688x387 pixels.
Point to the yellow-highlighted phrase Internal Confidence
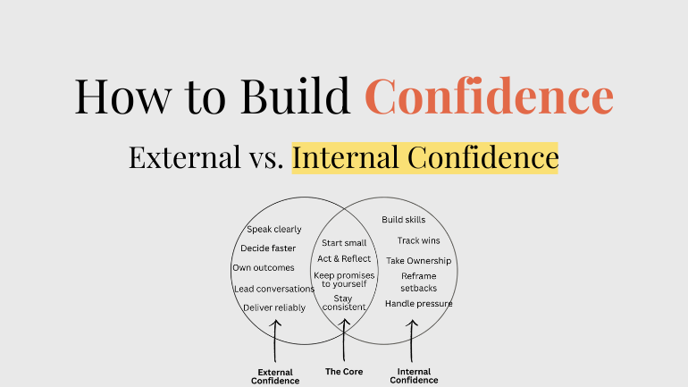(424, 158)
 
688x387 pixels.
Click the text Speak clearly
(274, 229)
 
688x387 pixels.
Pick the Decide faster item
(268, 248)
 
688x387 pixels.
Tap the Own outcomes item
(264, 267)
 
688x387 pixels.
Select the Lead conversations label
(274, 289)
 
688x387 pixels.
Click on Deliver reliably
(274, 307)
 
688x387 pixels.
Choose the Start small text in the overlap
(344, 242)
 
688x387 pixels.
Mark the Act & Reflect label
(344, 258)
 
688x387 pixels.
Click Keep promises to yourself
(344, 279)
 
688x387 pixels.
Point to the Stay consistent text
(343, 303)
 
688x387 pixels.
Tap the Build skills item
(404, 220)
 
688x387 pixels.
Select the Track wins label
(418, 240)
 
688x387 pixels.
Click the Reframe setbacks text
(418, 282)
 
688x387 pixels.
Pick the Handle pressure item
(418, 304)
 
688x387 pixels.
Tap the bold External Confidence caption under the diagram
(275, 376)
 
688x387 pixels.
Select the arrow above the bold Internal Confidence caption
(413, 338)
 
